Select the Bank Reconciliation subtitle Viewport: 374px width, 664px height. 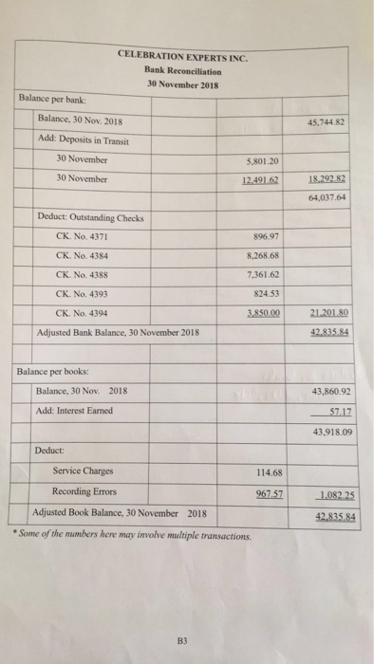[183, 70]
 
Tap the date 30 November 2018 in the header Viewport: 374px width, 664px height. [183, 83]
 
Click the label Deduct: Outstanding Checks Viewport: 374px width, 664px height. [89, 217]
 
